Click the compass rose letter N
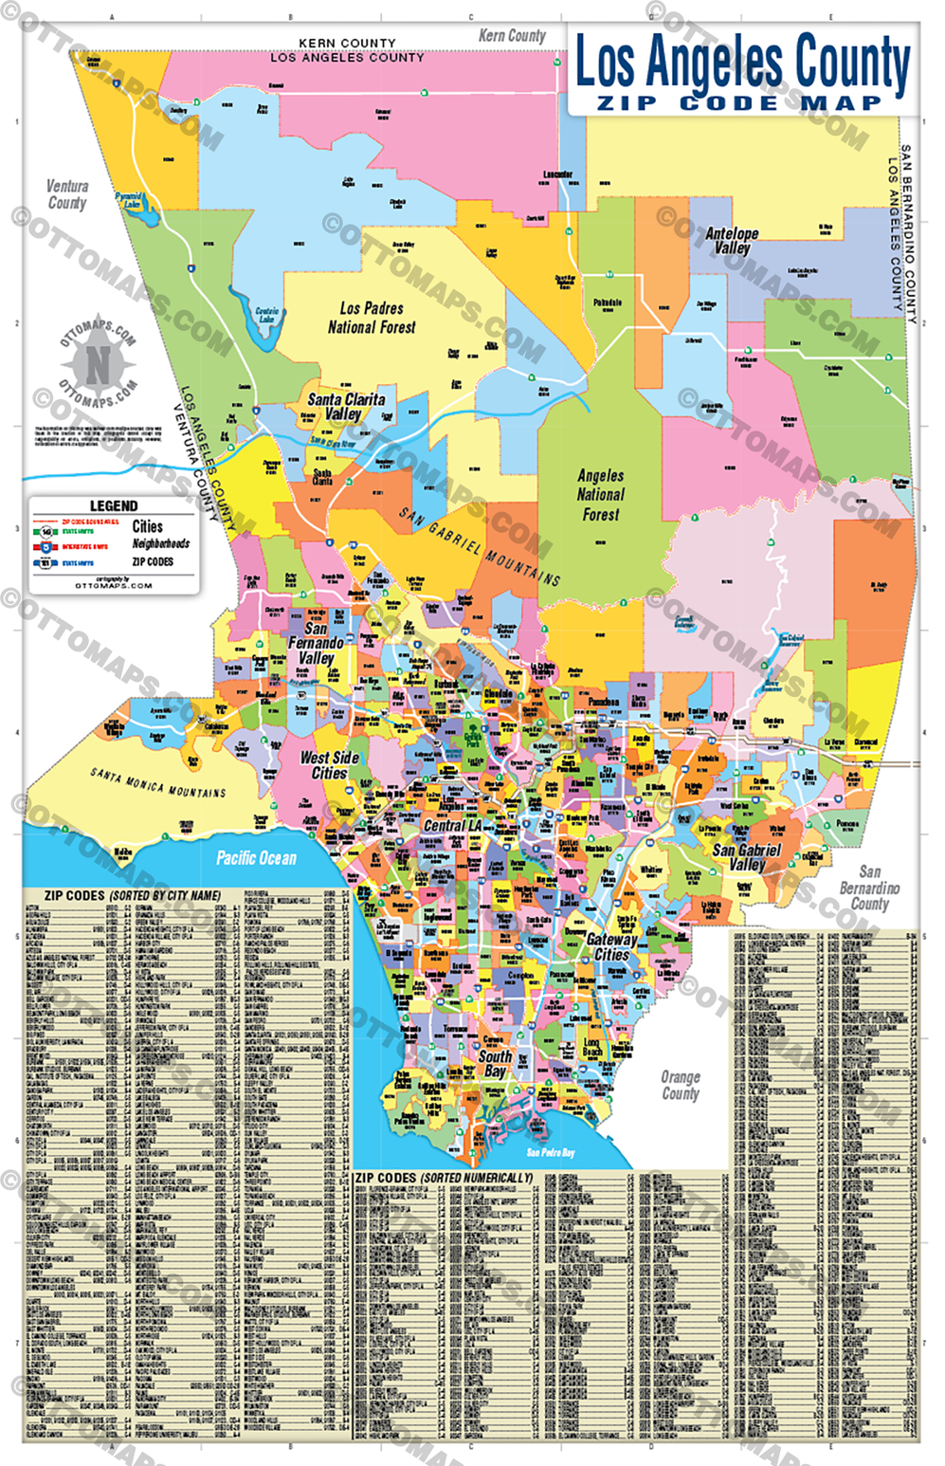pyautogui.click(x=98, y=362)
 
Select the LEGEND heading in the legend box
pyautogui.click(x=114, y=506)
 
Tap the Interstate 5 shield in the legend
pyautogui.click(x=45, y=547)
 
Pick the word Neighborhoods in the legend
pyautogui.click(x=160, y=544)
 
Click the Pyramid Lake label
pyautogui.click(x=130, y=199)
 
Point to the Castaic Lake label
pyautogui.click(x=267, y=314)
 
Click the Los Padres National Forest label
pyautogui.click(x=372, y=318)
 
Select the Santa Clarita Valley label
pyautogui.click(x=345, y=406)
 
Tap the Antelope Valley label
pyautogui.click(x=732, y=240)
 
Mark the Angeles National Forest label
pyautogui.click(x=600, y=495)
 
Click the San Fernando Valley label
pyautogui.click(x=316, y=643)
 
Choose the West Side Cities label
pyautogui.click(x=329, y=765)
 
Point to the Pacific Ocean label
pyautogui.click(x=256, y=858)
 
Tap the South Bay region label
pyautogui.click(x=495, y=1063)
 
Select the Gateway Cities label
pyautogui.click(x=611, y=946)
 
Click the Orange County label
pyautogui.click(x=680, y=1085)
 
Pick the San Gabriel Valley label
pyautogui.click(x=746, y=857)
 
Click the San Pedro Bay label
pyautogui.click(x=551, y=1152)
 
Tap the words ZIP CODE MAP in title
pyautogui.click(x=739, y=102)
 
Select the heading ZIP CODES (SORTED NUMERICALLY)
pyautogui.click(x=444, y=1178)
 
